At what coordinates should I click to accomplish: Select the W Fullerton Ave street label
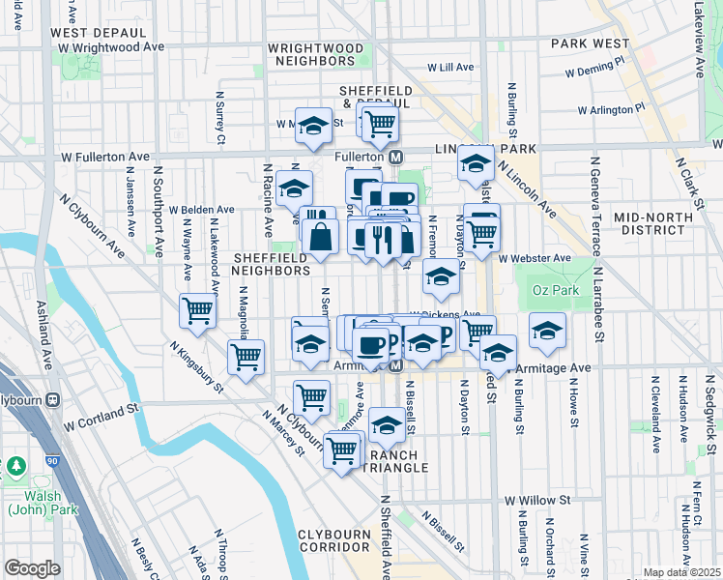point(105,156)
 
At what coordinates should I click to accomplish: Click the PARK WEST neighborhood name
point(591,43)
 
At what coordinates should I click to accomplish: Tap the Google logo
point(32,567)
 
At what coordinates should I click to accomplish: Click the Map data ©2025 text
point(681,572)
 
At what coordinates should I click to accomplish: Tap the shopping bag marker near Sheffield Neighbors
point(320,235)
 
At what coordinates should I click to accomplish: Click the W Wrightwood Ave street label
point(110,46)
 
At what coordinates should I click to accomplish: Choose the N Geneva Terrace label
point(599,295)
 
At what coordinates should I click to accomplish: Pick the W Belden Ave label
point(201,209)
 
